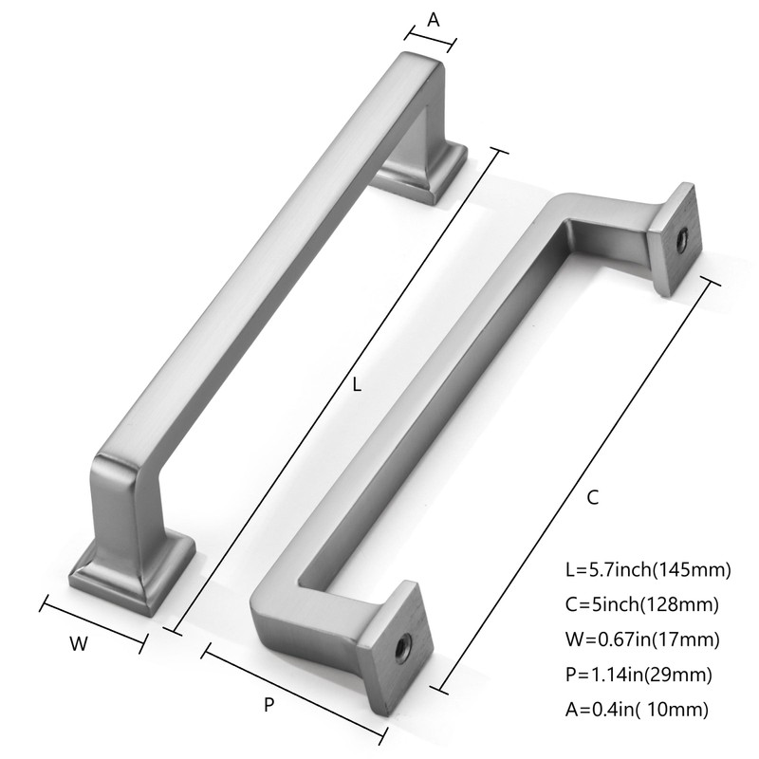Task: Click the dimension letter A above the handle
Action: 434,18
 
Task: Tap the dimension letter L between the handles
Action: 357,386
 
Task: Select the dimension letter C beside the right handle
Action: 591,497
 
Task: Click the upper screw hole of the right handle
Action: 679,241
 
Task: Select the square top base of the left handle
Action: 422,174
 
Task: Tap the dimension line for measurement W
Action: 93,624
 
